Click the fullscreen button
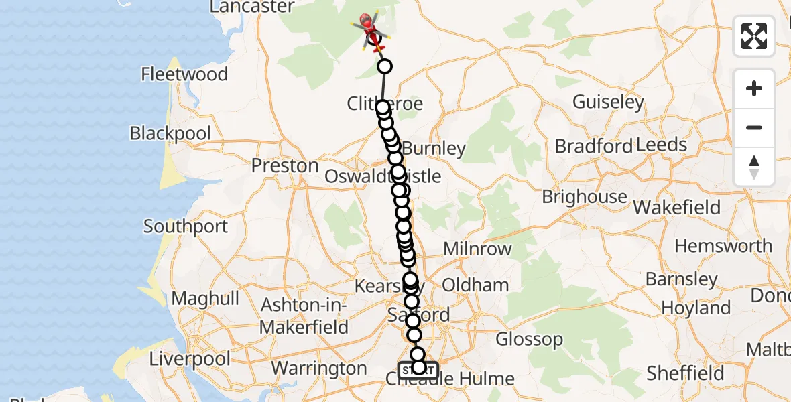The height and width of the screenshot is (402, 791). [754, 36]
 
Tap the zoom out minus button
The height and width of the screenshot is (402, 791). [754, 127]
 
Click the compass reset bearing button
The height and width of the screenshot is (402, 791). [754, 166]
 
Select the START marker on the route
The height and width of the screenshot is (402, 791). [418, 369]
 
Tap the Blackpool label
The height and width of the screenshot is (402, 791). [170, 133]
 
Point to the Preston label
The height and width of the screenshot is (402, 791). [285, 165]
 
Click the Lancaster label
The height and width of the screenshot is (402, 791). [252, 7]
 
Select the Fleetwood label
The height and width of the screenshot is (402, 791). [185, 74]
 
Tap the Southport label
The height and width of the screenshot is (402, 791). [186, 226]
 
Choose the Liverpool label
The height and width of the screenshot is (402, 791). [190, 358]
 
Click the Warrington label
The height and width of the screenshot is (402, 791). [319, 368]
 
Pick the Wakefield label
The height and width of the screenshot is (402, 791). [677, 208]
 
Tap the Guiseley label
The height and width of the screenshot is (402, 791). [608, 103]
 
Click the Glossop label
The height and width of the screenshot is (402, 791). [530, 339]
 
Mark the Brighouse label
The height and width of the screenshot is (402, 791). [585, 197]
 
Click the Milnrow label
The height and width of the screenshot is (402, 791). [477, 249]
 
